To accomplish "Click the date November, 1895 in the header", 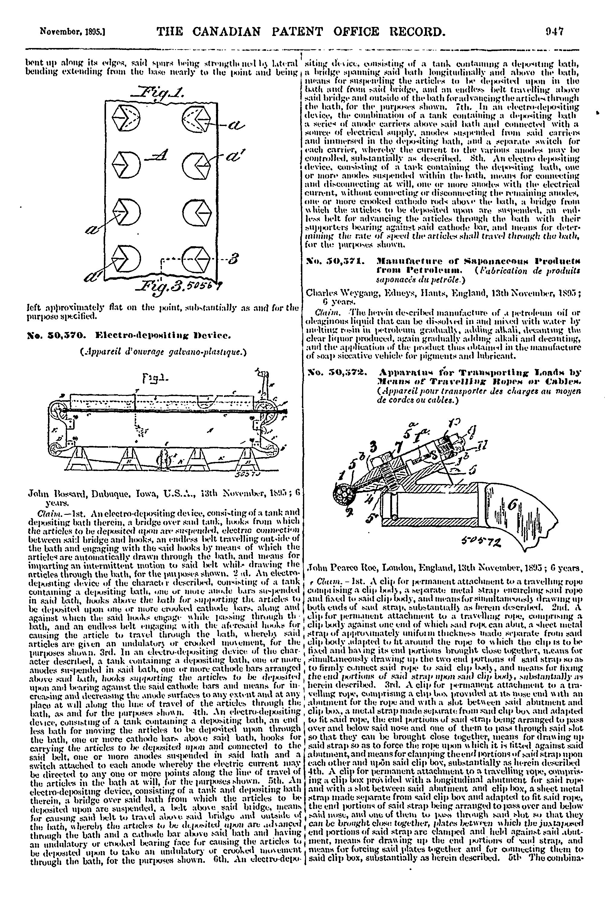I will [x=73, y=32].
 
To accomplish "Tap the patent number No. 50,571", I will [x=335, y=262].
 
